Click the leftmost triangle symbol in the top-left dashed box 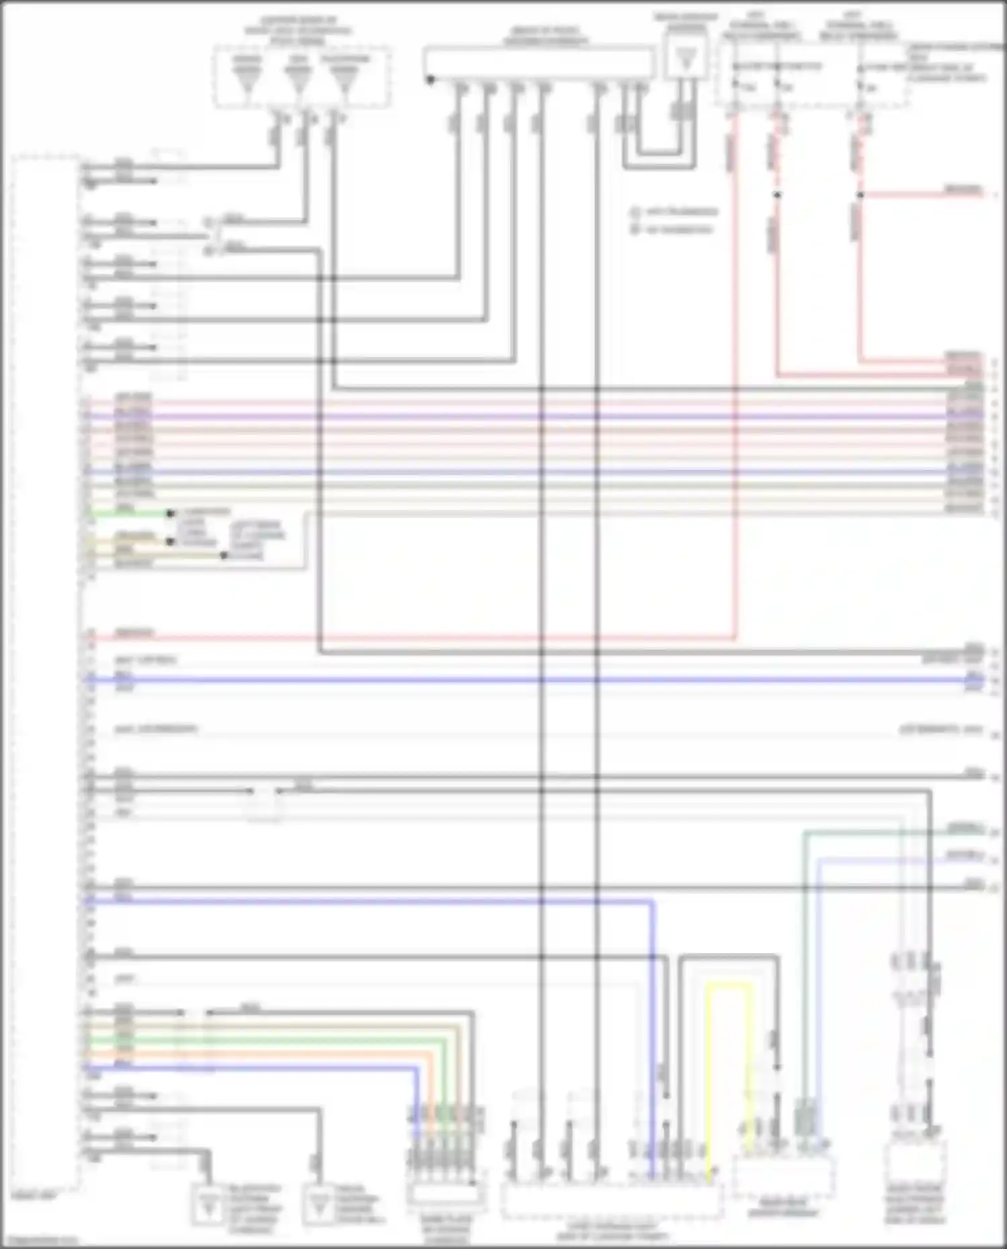point(247,79)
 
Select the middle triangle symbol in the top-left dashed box point(298,79)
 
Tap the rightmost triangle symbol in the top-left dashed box point(344,79)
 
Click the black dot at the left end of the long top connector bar point(430,80)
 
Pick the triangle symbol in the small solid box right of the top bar point(686,60)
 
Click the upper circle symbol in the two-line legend point(634,212)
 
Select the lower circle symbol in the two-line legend point(634,230)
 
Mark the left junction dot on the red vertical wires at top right point(777,195)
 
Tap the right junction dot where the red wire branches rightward point(859,195)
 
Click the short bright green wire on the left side point(128,514)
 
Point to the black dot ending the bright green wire point(171,514)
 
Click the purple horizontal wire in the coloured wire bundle point(537,416)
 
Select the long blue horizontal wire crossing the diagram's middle point(537,681)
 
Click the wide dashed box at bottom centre point(611,1201)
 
